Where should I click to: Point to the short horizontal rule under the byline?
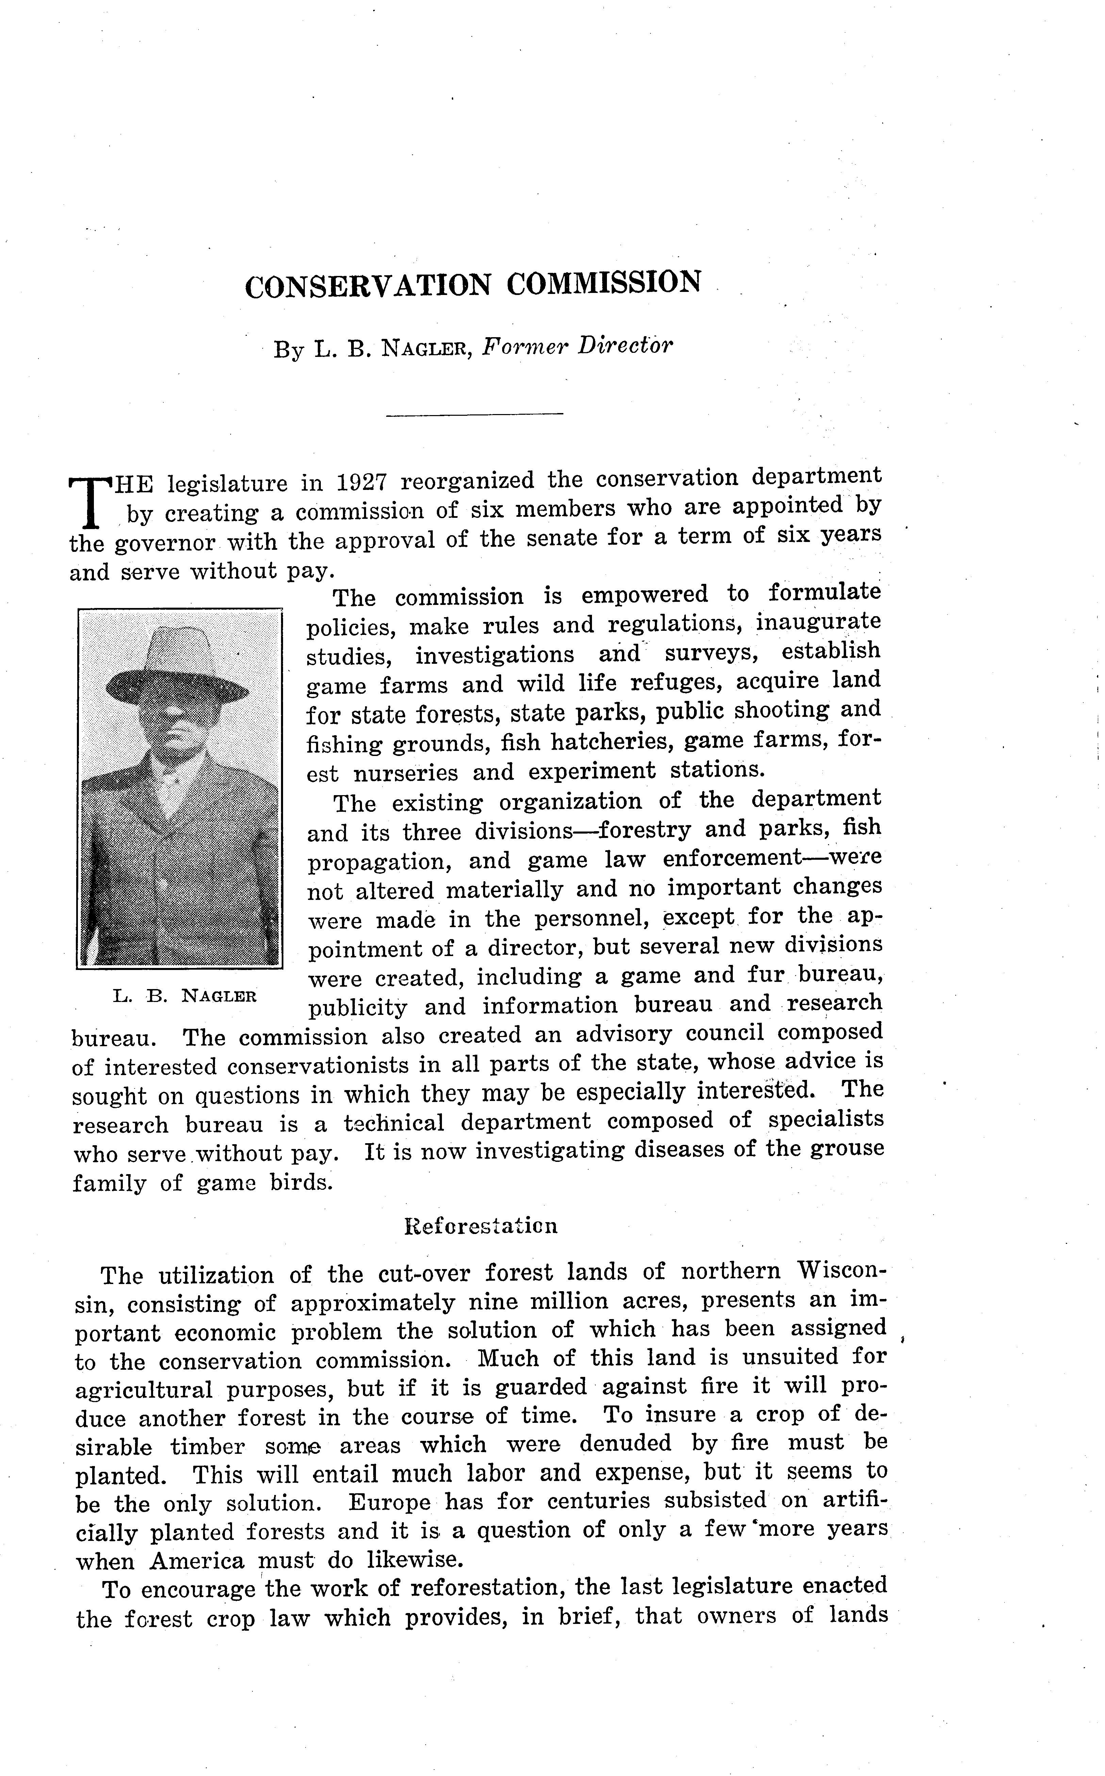pyautogui.click(x=474, y=415)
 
